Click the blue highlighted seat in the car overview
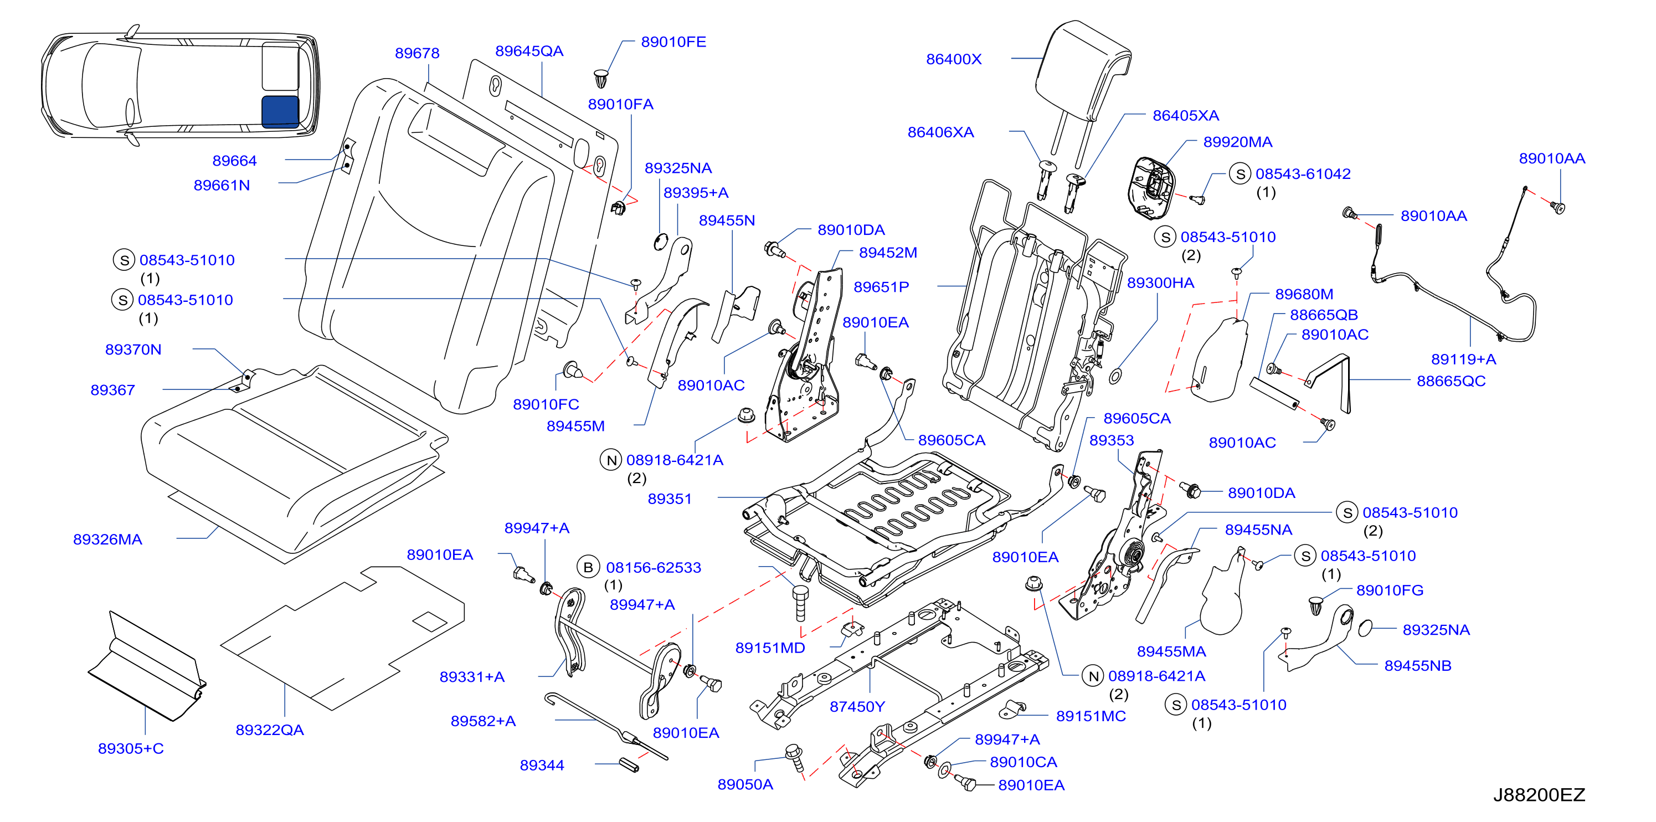[x=280, y=111]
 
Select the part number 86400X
[x=953, y=59]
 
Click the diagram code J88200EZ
[x=1539, y=795]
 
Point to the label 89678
[x=417, y=53]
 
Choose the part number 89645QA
[x=529, y=51]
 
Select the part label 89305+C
[x=131, y=748]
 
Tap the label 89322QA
[x=269, y=729]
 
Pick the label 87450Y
[x=857, y=706]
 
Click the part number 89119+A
[x=1463, y=359]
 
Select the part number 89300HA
[x=1160, y=283]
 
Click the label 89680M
[x=1304, y=294]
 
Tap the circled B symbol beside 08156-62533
[x=588, y=568]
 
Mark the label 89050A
[x=745, y=784]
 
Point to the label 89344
[x=542, y=765]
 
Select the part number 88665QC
[x=1451, y=381]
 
